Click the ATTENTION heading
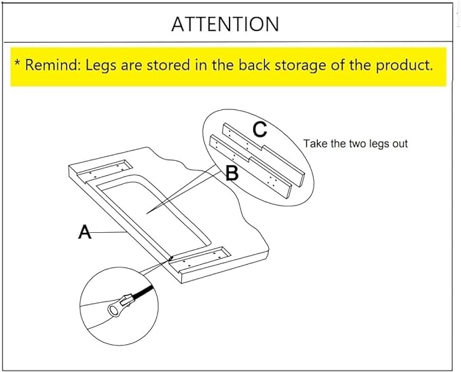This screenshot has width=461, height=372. pyautogui.click(x=225, y=24)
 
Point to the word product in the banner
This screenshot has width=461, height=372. pyautogui.click(x=404, y=65)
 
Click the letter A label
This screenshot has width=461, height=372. pyautogui.click(x=85, y=231)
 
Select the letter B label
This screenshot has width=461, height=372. pyautogui.click(x=232, y=173)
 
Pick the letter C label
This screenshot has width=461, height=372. pyautogui.click(x=260, y=129)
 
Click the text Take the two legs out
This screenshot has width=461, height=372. pyautogui.click(x=356, y=143)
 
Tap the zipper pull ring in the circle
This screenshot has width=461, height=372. pyautogui.click(x=113, y=310)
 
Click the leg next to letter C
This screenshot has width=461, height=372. pyautogui.click(x=263, y=155)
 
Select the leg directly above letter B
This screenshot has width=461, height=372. pyautogui.click(x=251, y=167)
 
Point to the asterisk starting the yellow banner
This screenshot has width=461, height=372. pyautogui.click(x=18, y=62)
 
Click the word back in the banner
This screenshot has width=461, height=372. pyautogui.click(x=254, y=64)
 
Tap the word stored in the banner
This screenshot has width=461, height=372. pyautogui.click(x=168, y=65)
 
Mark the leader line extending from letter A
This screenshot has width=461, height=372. pyautogui.click(x=109, y=232)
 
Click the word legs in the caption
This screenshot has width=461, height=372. pyautogui.click(x=381, y=144)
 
